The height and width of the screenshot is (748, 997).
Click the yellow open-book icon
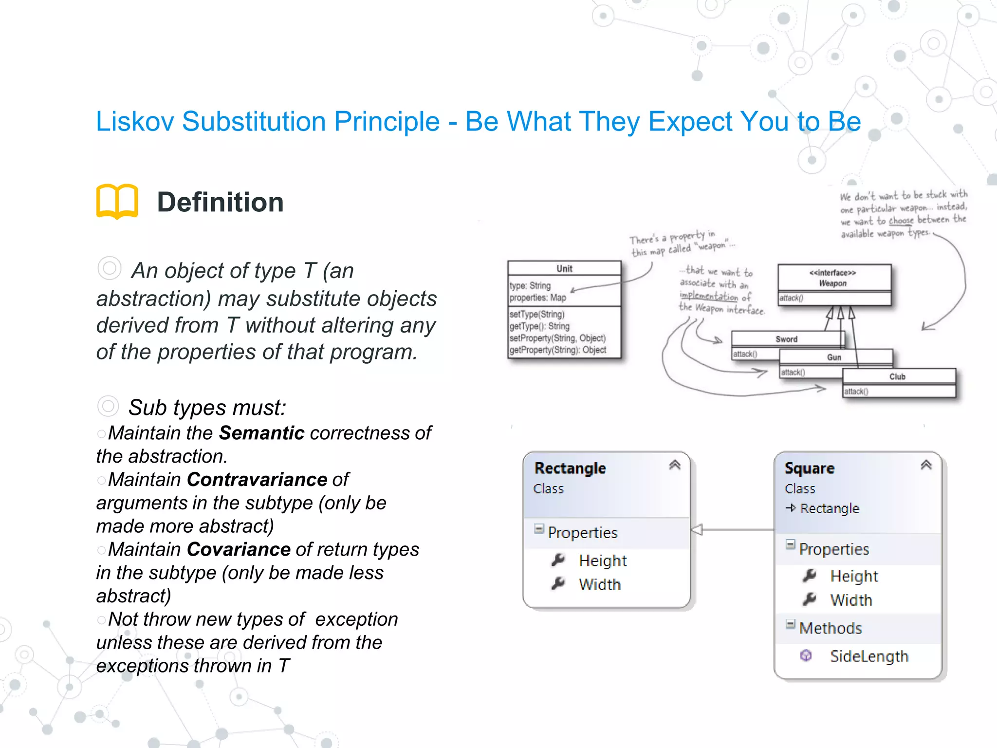pyautogui.click(x=117, y=201)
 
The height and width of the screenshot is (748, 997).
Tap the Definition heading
pyautogui.click(x=220, y=202)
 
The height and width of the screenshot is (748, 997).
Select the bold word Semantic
pyautogui.click(x=261, y=433)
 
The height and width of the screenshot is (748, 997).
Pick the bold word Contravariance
pyautogui.click(x=257, y=480)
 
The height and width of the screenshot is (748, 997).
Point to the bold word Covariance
pyautogui.click(x=239, y=549)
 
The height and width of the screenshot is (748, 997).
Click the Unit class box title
pyautogui.click(x=564, y=269)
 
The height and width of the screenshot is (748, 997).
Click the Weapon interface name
pyautogui.click(x=832, y=283)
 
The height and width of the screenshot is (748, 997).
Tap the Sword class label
pyautogui.click(x=786, y=339)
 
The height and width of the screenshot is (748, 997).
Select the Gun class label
pyautogui.click(x=834, y=357)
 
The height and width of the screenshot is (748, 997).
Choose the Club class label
pyautogui.click(x=897, y=376)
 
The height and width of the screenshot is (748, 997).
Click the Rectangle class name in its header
pyautogui.click(x=570, y=468)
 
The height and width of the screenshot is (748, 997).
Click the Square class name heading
pyautogui.click(x=809, y=468)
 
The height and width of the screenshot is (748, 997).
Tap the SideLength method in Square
pyautogui.click(x=869, y=656)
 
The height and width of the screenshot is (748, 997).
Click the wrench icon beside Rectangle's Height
pyautogui.click(x=558, y=560)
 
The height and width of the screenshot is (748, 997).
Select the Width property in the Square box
pyautogui.click(x=851, y=600)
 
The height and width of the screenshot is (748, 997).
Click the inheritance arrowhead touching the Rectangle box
pyautogui.click(x=697, y=529)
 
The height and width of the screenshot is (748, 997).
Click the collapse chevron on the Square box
pyautogui.click(x=926, y=465)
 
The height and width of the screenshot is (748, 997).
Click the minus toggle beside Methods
pyautogui.click(x=790, y=624)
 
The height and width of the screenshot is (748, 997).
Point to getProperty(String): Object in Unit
pyautogui.click(x=557, y=350)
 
